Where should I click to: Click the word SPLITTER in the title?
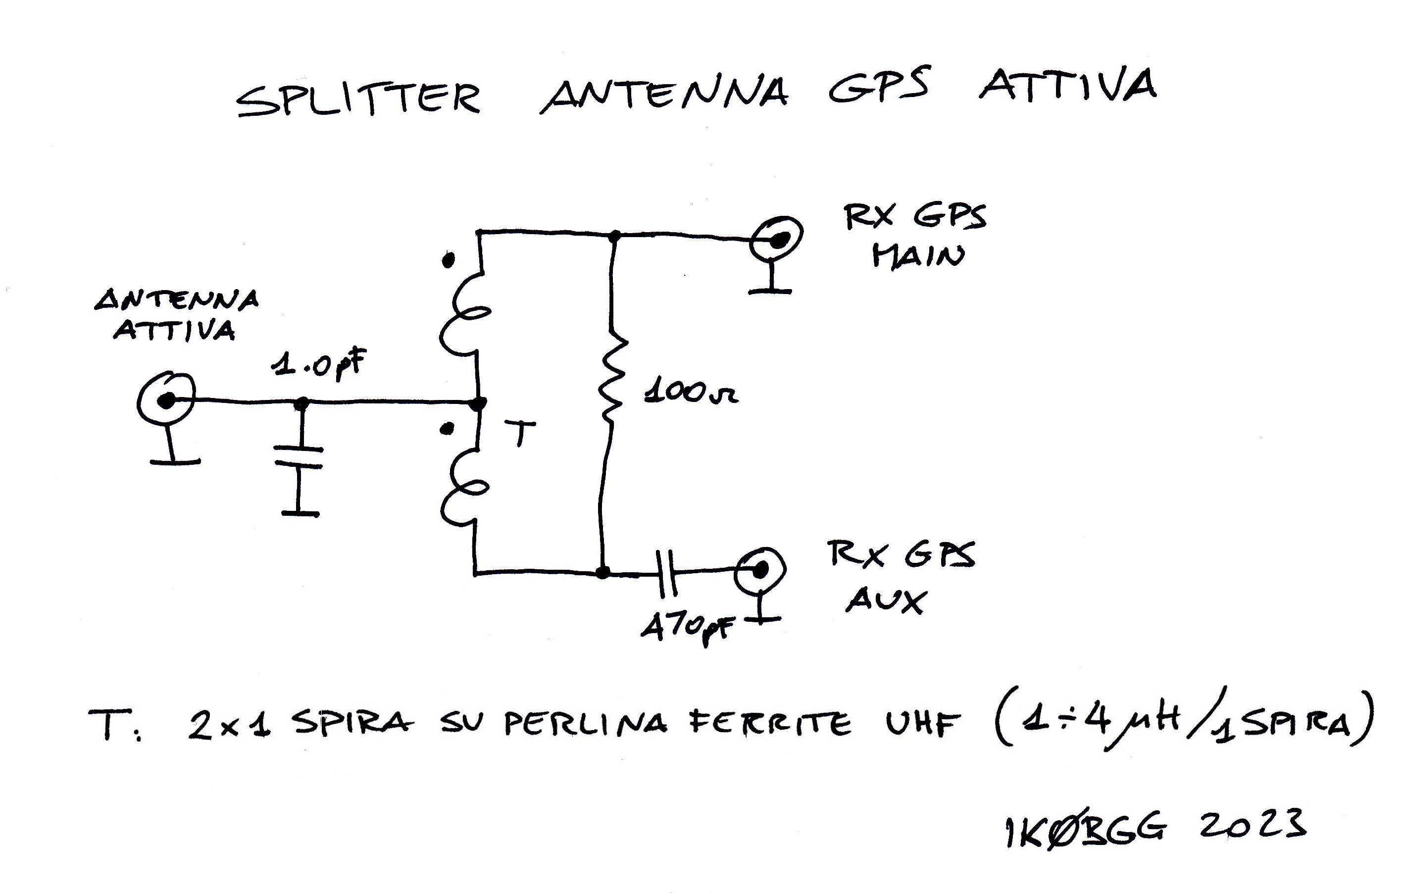tap(358, 99)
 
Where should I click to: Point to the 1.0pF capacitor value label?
tap(318, 364)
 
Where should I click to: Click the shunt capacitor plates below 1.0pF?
tap(299, 457)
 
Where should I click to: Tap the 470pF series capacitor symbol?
tap(666, 573)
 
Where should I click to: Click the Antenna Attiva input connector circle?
tap(166, 399)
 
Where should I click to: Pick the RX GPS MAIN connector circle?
tap(777, 239)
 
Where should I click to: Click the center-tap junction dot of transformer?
tap(479, 403)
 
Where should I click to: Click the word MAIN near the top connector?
tap(918, 256)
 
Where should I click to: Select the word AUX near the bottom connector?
tap(885, 600)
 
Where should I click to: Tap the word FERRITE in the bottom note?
tap(770, 725)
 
